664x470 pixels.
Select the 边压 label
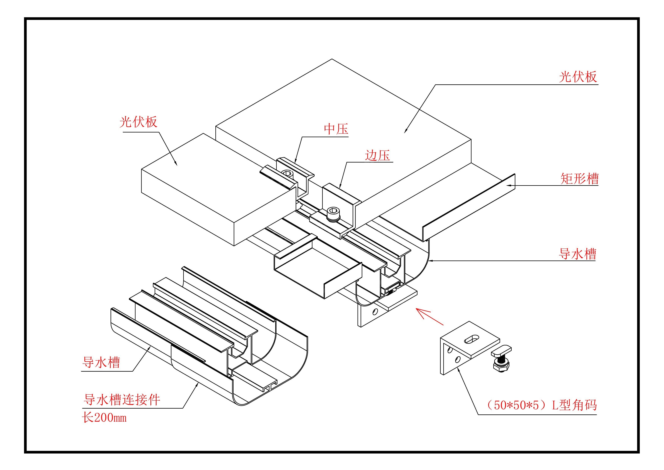tap(377, 155)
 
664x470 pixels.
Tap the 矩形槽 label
tap(579, 178)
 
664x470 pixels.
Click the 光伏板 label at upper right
tap(578, 77)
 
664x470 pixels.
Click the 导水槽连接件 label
tap(122, 400)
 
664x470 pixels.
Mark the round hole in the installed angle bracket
tap(375, 312)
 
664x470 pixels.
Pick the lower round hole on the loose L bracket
tap(457, 360)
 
